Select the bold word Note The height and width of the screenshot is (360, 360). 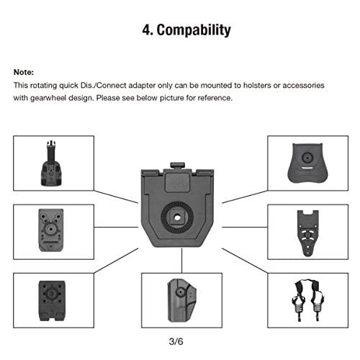pyautogui.click(x=24, y=73)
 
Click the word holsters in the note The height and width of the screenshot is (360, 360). pyautogui.click(x=246, y=86)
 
